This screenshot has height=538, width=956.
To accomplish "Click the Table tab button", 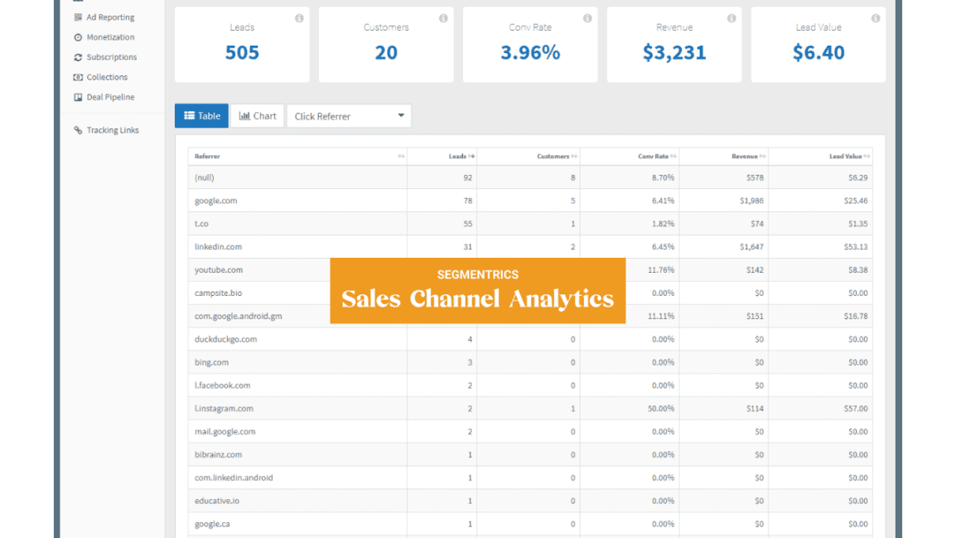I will coord(201,116).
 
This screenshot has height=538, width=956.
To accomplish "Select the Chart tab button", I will coord(258,116).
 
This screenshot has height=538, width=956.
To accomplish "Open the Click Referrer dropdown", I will coord(349,116).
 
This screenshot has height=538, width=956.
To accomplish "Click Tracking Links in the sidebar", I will coord(112,130).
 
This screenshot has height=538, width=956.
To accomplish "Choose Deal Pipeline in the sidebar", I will coord(109,97).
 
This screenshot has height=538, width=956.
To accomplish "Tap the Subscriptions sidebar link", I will coord(111,57).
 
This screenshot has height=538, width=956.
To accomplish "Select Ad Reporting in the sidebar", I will coord(109,17).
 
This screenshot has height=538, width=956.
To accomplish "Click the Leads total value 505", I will coord(242,53).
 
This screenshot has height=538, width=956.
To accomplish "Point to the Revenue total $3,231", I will coord(674,53).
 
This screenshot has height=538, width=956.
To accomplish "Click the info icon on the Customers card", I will coord(443,18).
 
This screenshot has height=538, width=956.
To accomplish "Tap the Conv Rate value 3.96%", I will coord(530,53).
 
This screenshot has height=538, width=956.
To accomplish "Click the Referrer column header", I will coord(207,157).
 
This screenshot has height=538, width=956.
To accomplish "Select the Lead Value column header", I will coord(845,157).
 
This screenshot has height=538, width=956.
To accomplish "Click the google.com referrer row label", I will coord(216,201).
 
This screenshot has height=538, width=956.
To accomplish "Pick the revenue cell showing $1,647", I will coord(751,247).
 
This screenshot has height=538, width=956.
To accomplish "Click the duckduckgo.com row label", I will coord(225,339).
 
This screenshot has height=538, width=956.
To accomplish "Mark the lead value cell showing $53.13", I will coord(854,247).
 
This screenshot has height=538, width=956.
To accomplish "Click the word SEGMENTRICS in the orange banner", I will coord(477,274).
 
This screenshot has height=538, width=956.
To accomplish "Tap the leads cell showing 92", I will coord(467,177).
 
